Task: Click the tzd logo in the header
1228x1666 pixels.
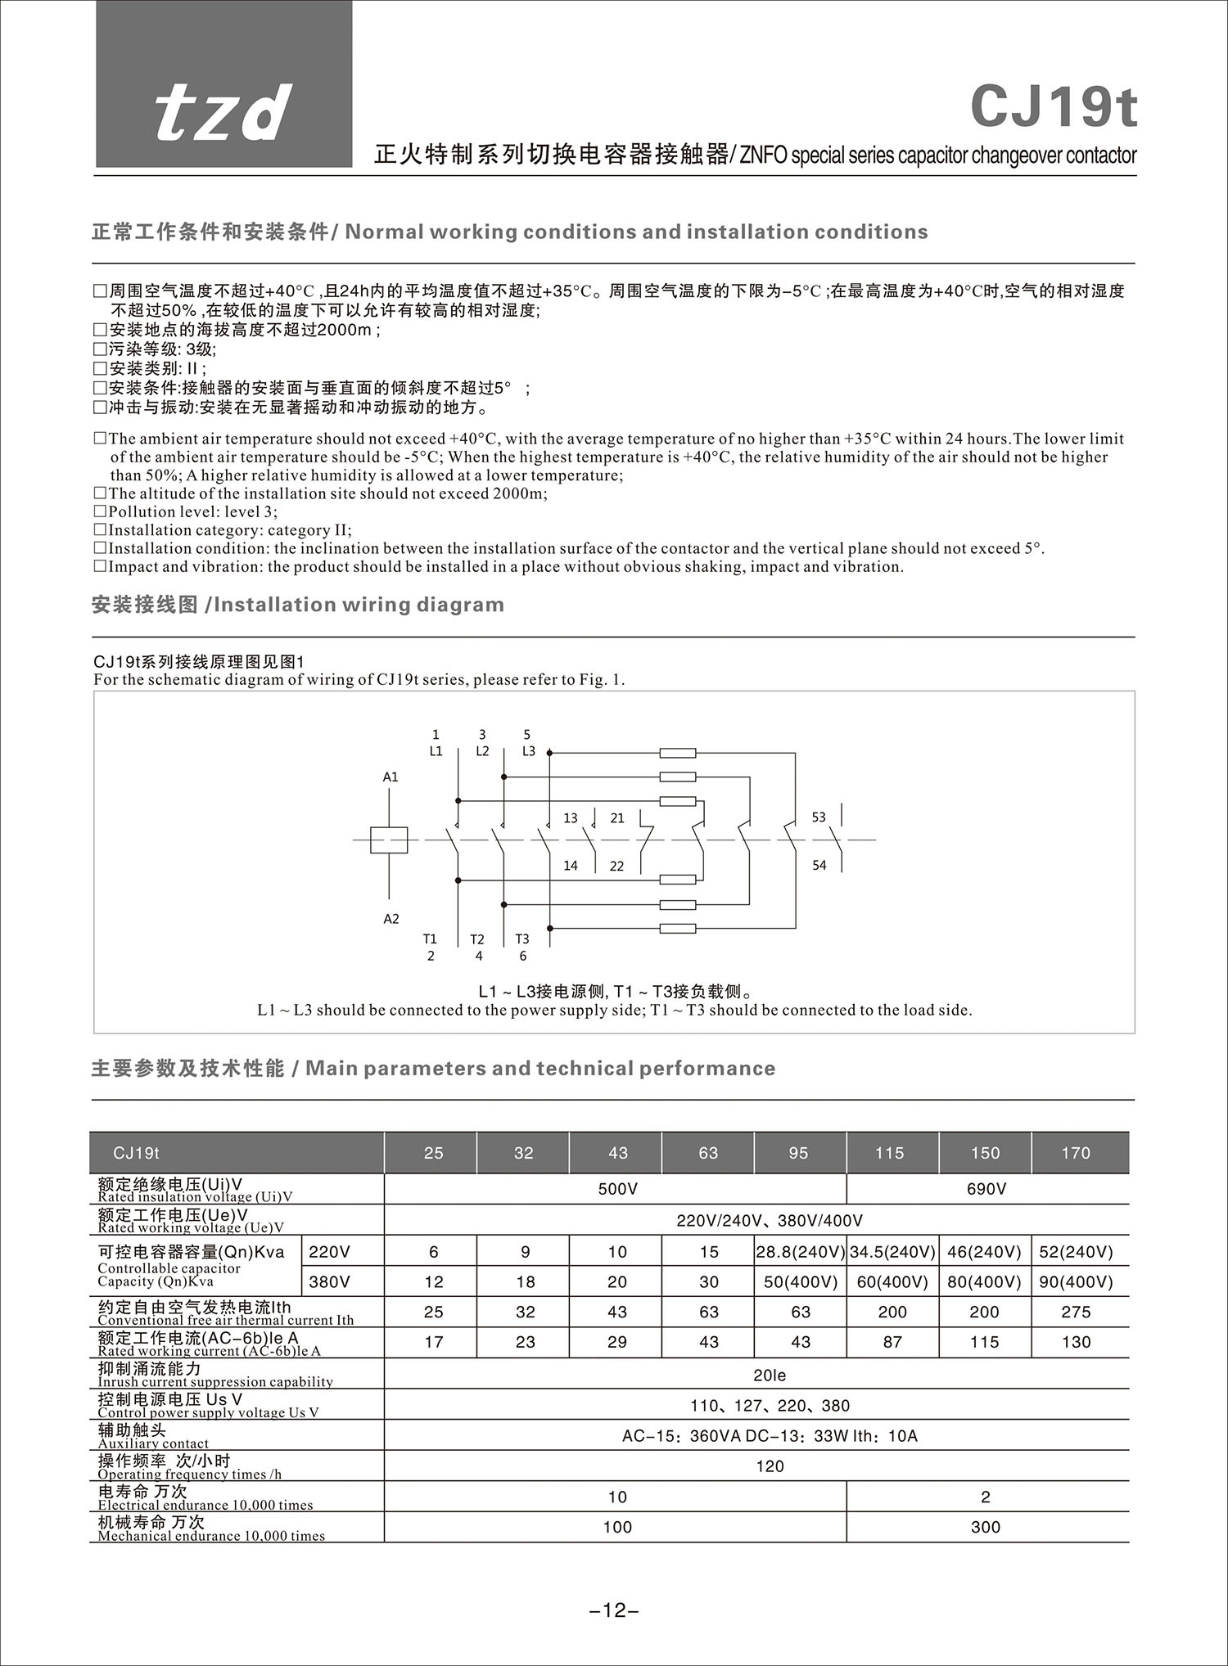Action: click(223, 112)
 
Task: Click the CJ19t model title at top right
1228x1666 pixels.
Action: click(1054, 107)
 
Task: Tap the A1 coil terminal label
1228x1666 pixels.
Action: click(391, 777)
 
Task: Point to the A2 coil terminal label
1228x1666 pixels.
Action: click(391, 919)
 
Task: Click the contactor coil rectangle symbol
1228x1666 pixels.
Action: click(388, 840)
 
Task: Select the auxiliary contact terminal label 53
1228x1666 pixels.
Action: click(819, 817)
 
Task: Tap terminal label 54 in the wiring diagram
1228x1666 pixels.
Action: click(819, 865)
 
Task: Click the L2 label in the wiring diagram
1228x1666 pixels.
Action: click(482, 751)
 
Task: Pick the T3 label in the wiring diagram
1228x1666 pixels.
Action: click(521, 939)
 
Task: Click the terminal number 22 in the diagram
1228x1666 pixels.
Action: click(616, 866)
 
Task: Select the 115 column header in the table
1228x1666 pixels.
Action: click(889, 1153)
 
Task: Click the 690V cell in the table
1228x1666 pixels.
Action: click(986, 1189)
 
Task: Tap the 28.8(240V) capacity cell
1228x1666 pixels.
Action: click(800, 1252)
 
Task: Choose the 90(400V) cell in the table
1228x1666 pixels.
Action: click(1076, 1281)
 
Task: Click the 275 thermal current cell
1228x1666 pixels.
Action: click(1076, 1312)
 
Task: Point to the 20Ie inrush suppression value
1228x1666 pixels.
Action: click(770, 1376)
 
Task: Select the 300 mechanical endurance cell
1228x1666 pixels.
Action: click(986, 1527)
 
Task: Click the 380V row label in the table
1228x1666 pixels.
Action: click(329, 1281)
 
